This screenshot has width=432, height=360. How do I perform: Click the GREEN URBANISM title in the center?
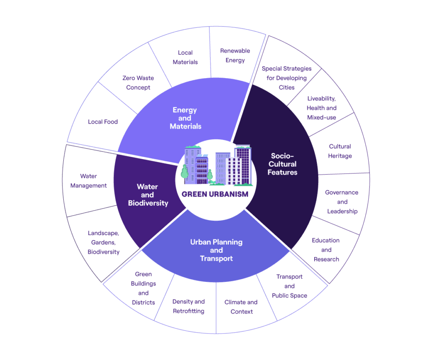coord(215,194)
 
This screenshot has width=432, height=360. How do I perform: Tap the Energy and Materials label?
coord(185,118)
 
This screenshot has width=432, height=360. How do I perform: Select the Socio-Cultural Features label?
coord(282,164)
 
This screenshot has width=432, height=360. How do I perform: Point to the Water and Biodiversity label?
coord(148,195)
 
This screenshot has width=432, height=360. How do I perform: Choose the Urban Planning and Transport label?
coord(216,250)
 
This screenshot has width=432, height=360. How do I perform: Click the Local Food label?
coord(103,122)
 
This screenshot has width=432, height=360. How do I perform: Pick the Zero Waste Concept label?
coord(138,83)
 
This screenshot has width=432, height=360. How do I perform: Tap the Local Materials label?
coord(185,57)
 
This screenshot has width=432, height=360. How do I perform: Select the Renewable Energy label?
coord(235,55)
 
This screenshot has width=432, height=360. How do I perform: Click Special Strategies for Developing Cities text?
coord(286,78)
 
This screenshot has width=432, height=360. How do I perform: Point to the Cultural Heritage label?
coord(340,151)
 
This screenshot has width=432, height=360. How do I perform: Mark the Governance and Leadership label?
coord(342,202)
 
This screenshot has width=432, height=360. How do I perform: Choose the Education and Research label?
coord(326,250)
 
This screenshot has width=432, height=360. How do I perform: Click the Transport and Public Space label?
coord(289,286)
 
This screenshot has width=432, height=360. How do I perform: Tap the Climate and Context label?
coord(241,307)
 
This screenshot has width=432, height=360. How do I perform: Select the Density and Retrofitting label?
coord(189,306)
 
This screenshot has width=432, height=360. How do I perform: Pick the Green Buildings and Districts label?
coord(143,288)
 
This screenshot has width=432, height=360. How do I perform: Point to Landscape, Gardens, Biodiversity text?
coord(104,243)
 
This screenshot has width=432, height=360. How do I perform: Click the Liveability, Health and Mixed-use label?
coord(321,108)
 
